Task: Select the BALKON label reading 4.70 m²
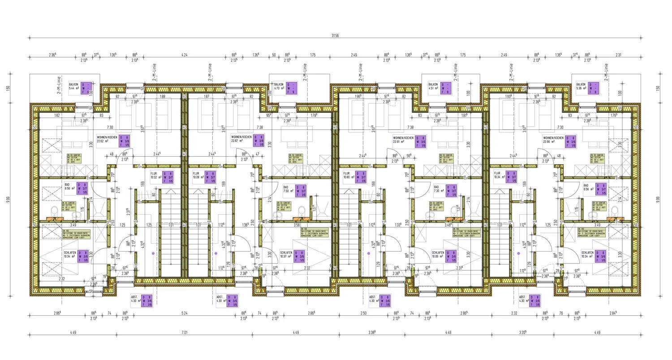click(279, 86)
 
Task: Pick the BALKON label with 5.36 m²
click(582, 86)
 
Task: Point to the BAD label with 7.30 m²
click(437, 190)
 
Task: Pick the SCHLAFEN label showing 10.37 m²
click(287, 254)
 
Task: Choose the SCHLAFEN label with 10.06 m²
click(438, 254)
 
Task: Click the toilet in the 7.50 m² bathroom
click(303, 210)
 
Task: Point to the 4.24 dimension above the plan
click(184, 55)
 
